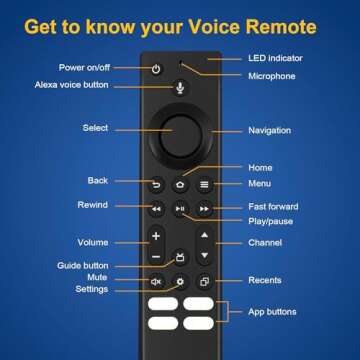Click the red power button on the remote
156,69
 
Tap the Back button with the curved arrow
156,185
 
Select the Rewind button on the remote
156,209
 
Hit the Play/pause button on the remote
180,209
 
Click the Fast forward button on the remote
204,209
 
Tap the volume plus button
156,237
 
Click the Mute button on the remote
156,282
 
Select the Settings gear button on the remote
180,282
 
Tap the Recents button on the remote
204,282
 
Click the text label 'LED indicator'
274,58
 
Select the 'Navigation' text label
270,130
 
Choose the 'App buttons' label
272,311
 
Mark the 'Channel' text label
264,243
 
